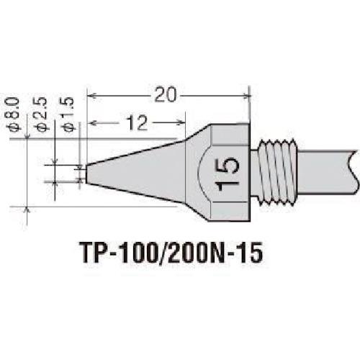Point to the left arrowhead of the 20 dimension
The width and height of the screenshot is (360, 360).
point(91,94)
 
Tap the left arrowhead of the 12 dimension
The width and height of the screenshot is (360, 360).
point(91,123)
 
